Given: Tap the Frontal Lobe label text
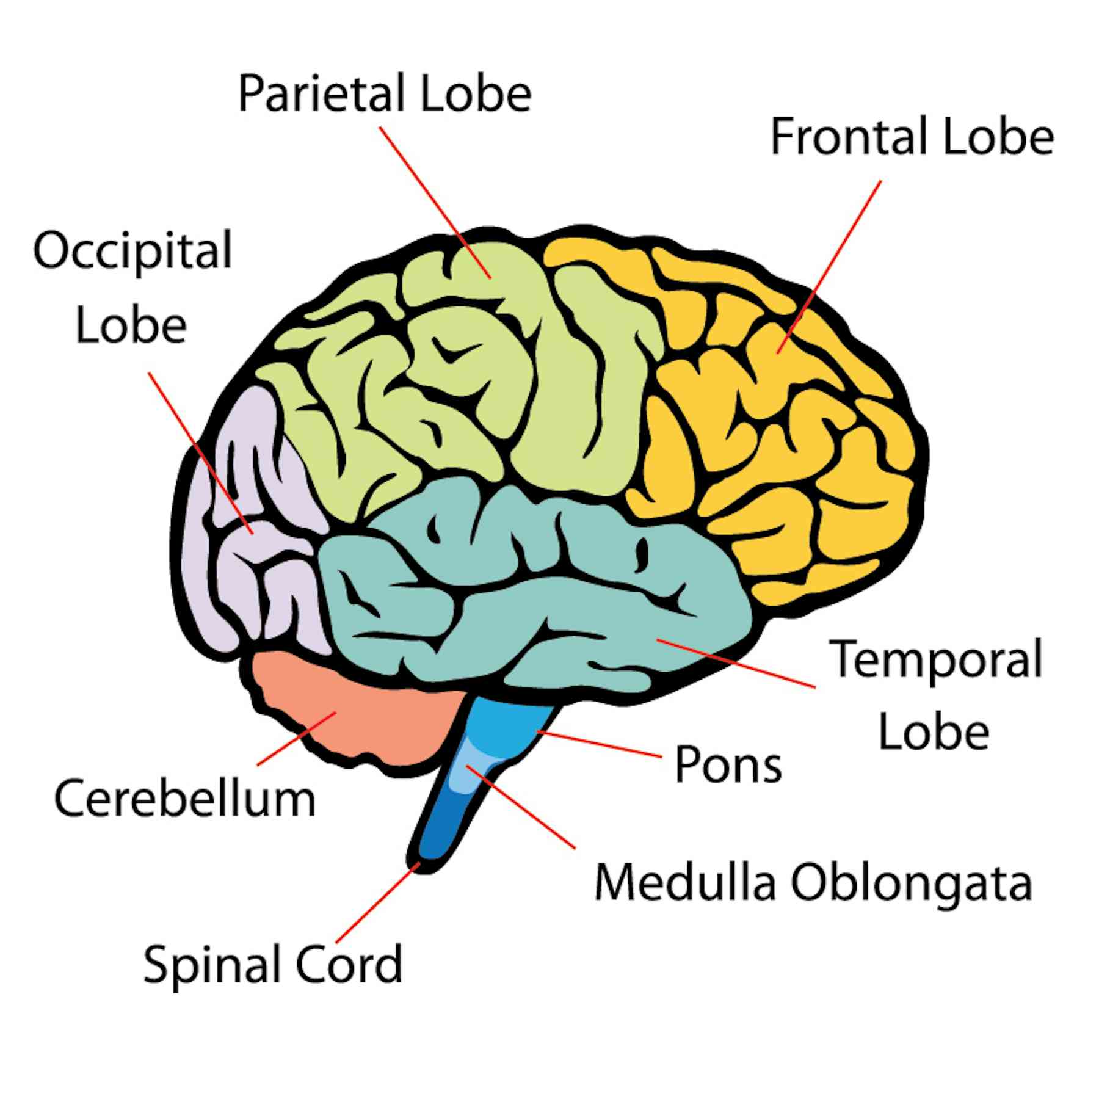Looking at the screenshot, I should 912,137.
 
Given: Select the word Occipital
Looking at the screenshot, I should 132,250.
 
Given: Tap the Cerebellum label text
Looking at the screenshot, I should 185,798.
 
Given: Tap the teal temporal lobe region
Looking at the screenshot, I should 549,611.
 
